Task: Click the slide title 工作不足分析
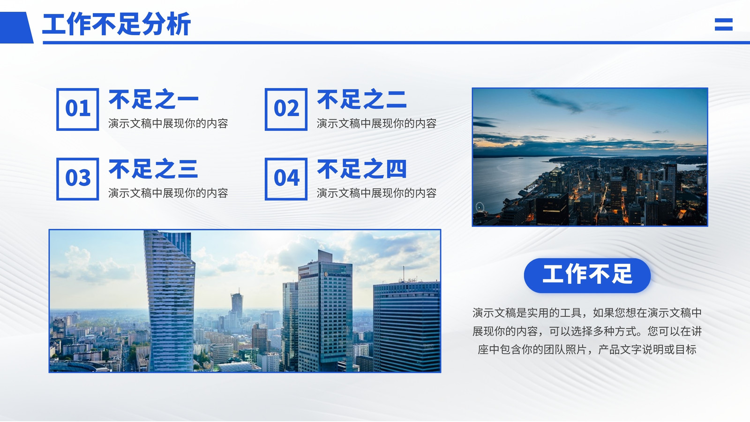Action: (x=117, y=24)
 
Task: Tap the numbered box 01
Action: (x=78, y=109)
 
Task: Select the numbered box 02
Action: (x=286, y=109)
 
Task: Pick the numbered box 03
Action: (x=78, y=179)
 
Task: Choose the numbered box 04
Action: (x=286, y=179)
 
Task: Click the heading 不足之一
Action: (x=154, y=99)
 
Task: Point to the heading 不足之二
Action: (x=362, y=99)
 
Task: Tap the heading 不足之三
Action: (x=153, y=169)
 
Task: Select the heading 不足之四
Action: (x=362, y=169)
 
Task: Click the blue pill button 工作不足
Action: (x=587, y=275)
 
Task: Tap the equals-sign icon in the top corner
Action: (x=724, y=24)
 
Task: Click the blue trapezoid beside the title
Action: (x=16, y=28)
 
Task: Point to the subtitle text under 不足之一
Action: (x=168, y=124)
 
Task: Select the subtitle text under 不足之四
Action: (x=377, y=193)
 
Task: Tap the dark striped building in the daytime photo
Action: (x=407, y=326)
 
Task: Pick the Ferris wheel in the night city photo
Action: (x=480, y=207)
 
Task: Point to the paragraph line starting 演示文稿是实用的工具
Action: (x=587, y=313)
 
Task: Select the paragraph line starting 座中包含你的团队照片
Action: (x=587, y=350)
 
